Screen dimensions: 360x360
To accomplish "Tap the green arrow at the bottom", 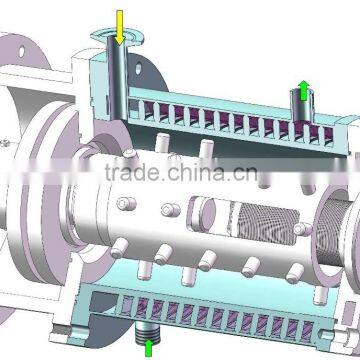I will coord(150,347).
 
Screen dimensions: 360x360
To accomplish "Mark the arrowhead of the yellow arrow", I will coord(119,40).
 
